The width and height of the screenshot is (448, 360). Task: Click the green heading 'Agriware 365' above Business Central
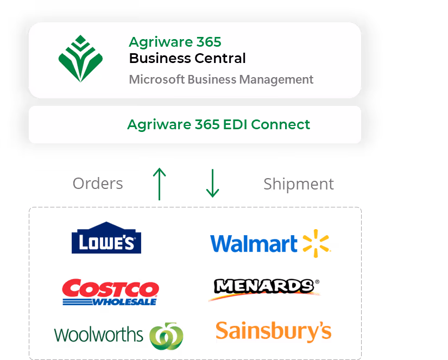[x=175, y=42]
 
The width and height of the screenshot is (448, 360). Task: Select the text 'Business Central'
[x=187, y=58]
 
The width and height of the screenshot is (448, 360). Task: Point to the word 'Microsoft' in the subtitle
[x=156, y=79]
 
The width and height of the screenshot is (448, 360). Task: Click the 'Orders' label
[x=98, y=184]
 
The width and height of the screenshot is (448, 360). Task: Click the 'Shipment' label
[x=298, y=184]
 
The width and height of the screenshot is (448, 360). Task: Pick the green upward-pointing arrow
[x=159, y=183]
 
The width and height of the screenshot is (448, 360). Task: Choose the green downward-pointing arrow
[x=212, y=183]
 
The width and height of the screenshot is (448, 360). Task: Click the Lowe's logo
[x=106, y=239]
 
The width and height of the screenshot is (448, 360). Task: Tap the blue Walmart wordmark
[x=254, y=244]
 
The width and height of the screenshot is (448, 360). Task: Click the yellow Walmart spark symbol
[x=316, y=243]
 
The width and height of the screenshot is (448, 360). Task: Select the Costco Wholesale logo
[x=110, y=292]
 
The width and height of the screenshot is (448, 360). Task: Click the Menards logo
[x=264, y=289]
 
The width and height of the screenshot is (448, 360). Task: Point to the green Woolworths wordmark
[x=99, y=334]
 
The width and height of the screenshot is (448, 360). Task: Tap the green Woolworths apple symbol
[x=167, y=336]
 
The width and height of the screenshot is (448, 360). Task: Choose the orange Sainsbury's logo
[x=273, y=332]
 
